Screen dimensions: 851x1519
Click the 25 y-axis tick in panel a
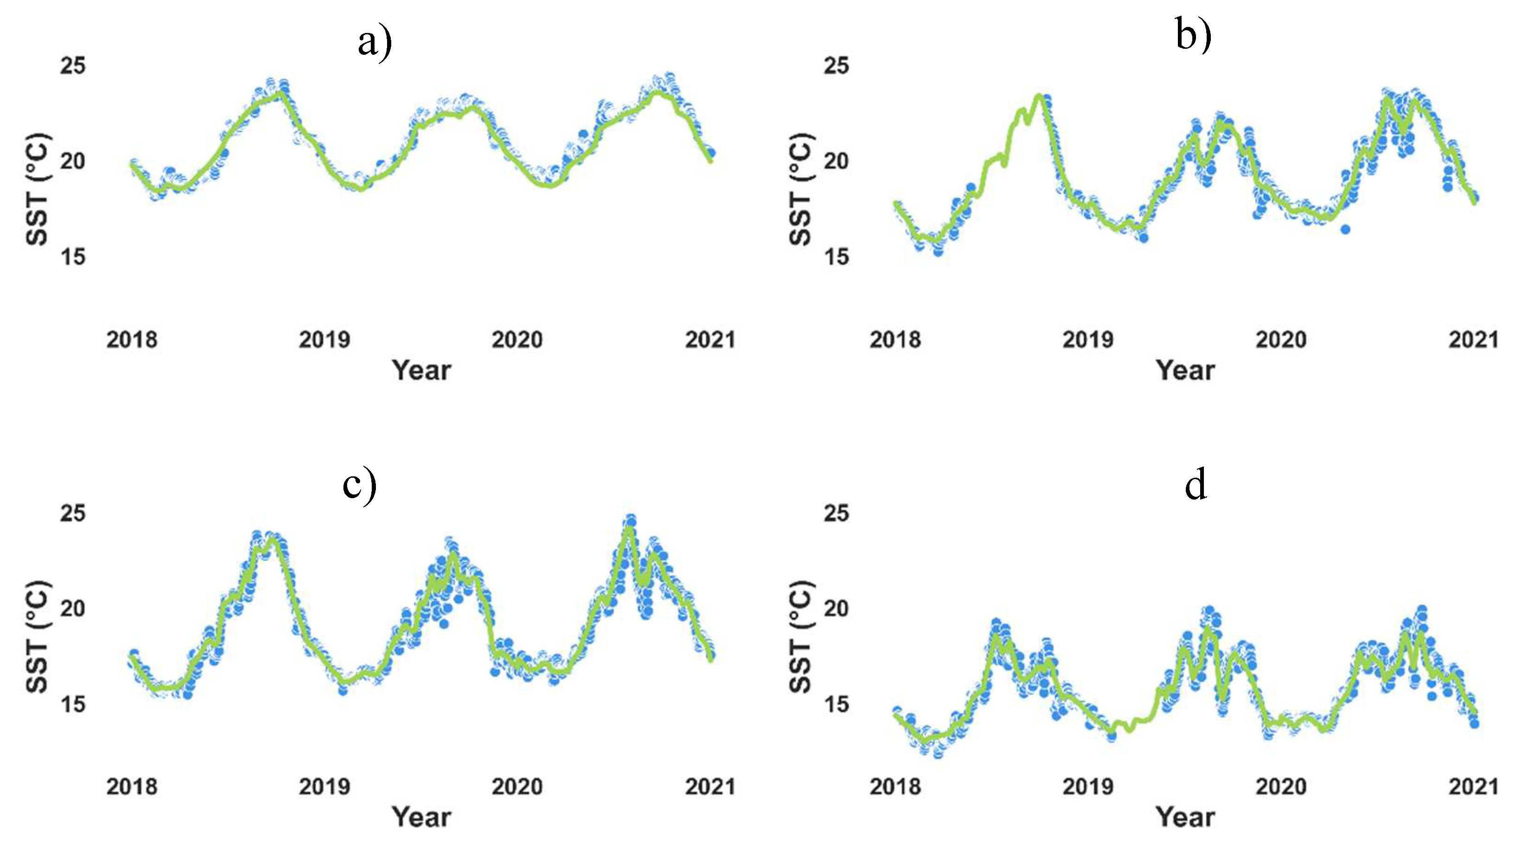point(72,65)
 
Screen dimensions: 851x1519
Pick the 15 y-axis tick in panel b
point(836,257)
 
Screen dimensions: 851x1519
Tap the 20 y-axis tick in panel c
point(72,608)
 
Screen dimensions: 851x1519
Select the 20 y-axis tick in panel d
point(836,608)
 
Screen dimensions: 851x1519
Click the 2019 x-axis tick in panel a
point(324,340)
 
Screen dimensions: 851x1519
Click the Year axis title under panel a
point(421,370)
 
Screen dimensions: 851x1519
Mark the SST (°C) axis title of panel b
point(800,188)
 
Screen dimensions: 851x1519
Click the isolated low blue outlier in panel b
point(1345,229)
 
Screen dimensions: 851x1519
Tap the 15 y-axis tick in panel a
point(72,257)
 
